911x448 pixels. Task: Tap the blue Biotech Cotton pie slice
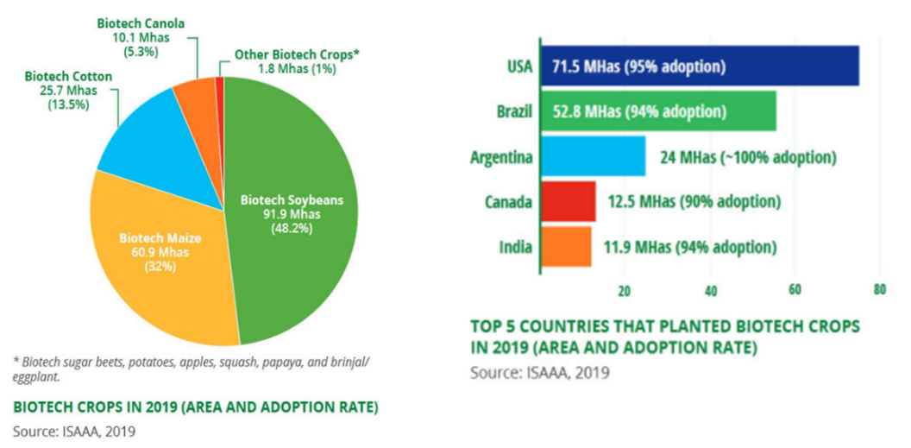point(142,142)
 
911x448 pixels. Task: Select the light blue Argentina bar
point(593,157)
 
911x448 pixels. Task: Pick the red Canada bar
point(568,201)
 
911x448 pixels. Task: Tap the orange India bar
point(566,247)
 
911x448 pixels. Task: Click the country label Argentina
point(500,157)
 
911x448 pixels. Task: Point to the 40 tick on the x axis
point(710,291)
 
